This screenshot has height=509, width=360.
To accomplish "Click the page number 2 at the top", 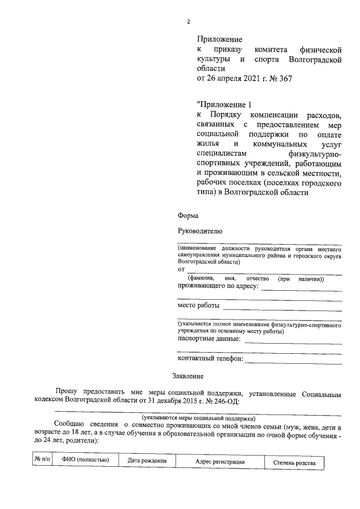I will (x=188, y=22).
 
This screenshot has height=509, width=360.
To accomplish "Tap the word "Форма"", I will (x=187, y=216).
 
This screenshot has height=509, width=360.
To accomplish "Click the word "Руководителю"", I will (x=200, y=231).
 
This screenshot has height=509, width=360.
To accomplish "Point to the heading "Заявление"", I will (x=188, y=375).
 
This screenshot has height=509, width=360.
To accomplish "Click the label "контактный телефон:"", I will (x=210, y=358).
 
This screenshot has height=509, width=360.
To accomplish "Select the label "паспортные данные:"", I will (x=209, y=339).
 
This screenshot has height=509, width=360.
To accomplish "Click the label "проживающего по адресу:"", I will (x=218, y=286).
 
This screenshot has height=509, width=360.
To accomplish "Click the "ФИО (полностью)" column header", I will (x=85, y=461).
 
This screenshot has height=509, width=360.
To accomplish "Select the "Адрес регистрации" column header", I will (x=220, y=461).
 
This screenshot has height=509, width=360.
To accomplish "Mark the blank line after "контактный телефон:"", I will (x=293, y=360).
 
